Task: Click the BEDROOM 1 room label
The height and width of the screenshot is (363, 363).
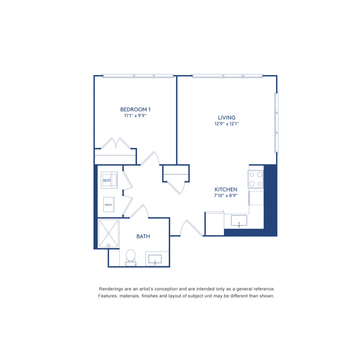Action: [x=135, y=109]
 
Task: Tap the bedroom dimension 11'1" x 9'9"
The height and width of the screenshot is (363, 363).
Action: [x=135, y=116]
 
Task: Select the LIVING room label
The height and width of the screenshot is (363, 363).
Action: [x=226, y=118]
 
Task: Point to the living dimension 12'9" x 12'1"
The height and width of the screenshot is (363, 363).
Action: [x=226, y=124]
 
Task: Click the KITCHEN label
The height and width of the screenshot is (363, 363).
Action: [x=226, y=189]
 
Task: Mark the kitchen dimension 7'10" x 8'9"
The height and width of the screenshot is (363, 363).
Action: [x=226, y=195]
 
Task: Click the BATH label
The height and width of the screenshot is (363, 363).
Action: [x=143, y=236]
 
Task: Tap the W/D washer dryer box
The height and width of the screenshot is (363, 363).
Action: [x=109, y=180]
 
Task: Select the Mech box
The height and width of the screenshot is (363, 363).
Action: [x=109, y=204]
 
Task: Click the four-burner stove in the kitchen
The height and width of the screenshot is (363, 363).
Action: [x=255, y=179]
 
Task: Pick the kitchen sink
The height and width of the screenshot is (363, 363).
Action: [x=239, y=221]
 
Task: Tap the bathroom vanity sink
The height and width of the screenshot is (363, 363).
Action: [x=155, y=259]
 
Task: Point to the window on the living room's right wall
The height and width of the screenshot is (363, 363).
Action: [x=276, y=123]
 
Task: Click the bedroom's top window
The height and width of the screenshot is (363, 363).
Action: [x=138, y=76]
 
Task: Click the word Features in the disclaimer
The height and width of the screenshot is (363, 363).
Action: [x=108, y=296]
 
